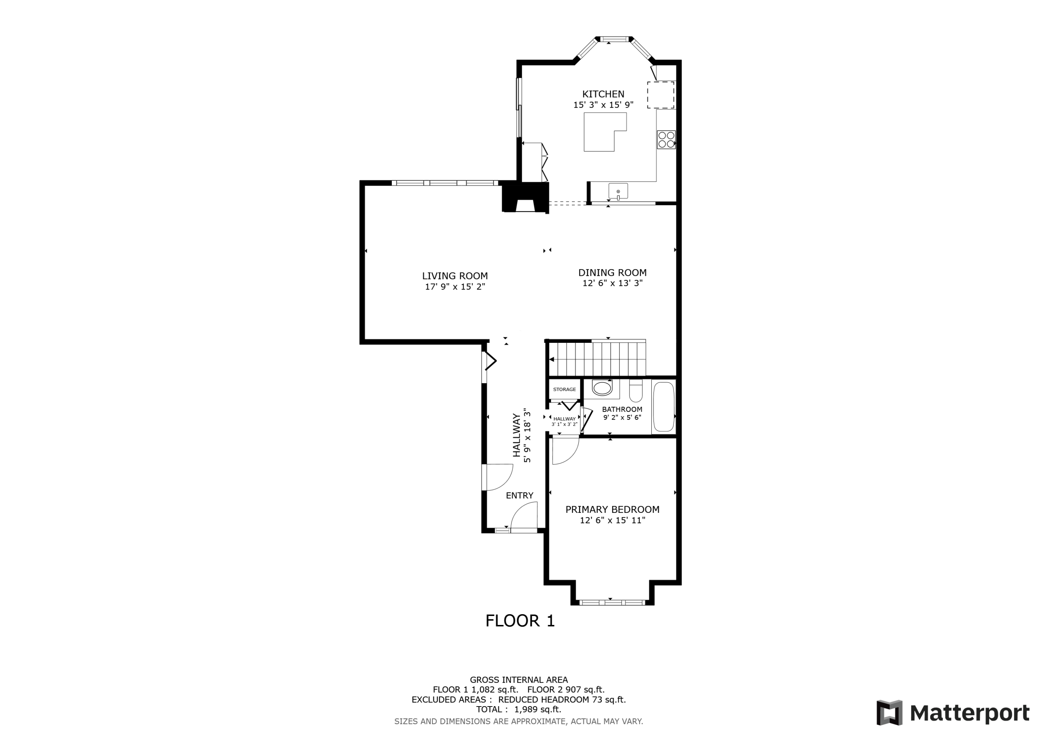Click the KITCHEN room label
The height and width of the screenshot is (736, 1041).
tap(603, 94)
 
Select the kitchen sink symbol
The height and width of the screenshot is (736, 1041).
tap(618, 191)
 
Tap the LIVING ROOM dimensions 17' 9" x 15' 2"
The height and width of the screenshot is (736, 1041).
tap(455, 287)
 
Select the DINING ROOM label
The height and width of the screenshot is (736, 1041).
tap(612, 272)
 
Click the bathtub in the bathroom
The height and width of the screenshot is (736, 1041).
tap(664, 407)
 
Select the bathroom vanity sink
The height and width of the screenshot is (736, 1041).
tap(602, 389)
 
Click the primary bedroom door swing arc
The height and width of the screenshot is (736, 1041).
tap(566, 451)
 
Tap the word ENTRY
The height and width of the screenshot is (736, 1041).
tap(519, 496)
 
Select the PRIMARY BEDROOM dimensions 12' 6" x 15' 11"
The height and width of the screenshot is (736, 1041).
tap(612, 520)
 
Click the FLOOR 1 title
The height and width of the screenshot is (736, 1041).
tap(520, 621)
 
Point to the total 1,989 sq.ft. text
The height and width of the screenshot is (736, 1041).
tap(518, 709)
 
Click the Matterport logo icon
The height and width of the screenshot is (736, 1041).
tap(889, 712)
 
